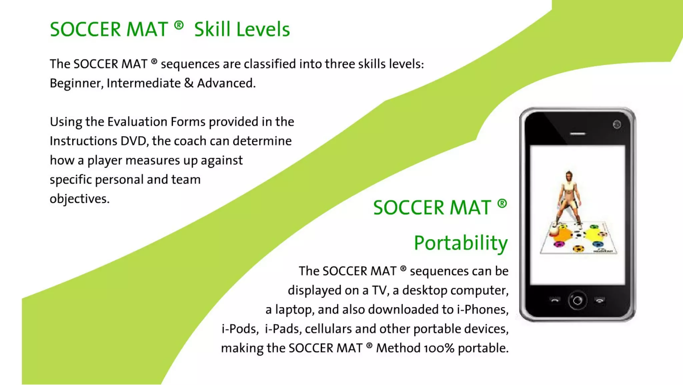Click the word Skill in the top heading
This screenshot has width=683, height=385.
[x=212, y=29]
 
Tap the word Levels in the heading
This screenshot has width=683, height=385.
[x=263, y=29]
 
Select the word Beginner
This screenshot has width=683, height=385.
[x=75, y=83]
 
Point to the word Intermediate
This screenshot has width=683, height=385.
[x=143, y=83]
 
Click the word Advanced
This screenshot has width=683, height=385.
[x=226, y=83]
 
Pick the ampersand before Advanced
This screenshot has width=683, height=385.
[x=188, y=83]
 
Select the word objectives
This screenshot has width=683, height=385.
[x=79, y=199]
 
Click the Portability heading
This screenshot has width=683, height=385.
[x=461, y=243]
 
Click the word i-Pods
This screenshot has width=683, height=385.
[x=240, y=329]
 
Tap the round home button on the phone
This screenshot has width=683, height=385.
[x=577, y=301]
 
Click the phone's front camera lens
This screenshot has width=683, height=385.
[x=617, y=125]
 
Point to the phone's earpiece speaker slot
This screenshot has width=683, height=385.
[x=578, y=134]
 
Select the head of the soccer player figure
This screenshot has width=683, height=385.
[x=569, y=175]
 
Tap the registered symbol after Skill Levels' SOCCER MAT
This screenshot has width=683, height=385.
[x=179, y=25]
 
